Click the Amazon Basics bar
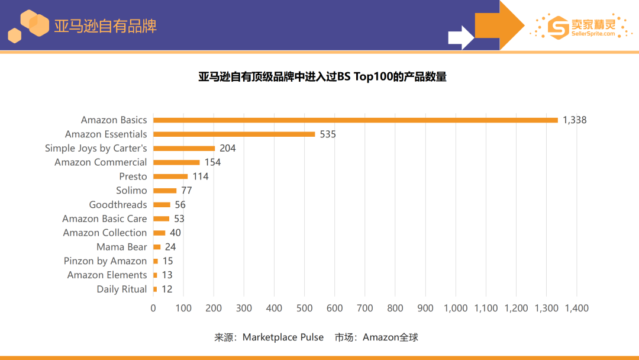click(355, 120)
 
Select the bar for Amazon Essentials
click(234, 134)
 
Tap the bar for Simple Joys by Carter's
click(184, 149)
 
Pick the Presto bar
click(170, 176)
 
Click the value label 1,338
click(574, 120)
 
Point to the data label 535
click(328, 134)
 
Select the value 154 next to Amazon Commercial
click(212, 162)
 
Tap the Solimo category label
click(131, 191)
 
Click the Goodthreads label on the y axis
click(118, 205)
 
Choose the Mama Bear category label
click(121, 247)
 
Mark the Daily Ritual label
click(121, 290)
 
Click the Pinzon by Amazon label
click(105, 261)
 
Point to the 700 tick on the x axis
click(365, 308)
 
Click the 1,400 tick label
click(576, 308)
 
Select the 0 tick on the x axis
click(153, 308)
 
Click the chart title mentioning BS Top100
click(322, 77)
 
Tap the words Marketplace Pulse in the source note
click(283, 337)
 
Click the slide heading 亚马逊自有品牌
click(105, 27)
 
